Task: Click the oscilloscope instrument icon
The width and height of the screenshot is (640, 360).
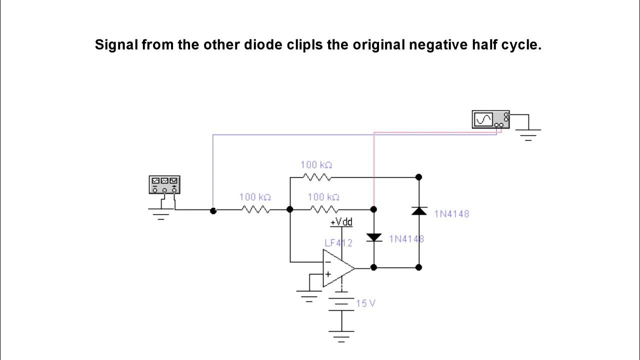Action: (490, 120)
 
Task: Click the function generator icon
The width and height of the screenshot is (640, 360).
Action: (164, 184)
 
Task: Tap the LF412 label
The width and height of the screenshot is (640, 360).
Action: (338, 243)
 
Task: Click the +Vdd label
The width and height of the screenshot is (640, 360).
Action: (341, 221)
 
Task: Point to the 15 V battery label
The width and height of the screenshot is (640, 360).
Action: (365, 303)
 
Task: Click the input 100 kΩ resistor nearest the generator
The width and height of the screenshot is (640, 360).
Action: (255, 209)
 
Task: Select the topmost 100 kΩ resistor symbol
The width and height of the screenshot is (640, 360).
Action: (316, 177)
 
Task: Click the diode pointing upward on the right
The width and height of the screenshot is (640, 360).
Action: (419, 211)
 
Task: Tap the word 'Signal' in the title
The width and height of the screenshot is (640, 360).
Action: (116, 45)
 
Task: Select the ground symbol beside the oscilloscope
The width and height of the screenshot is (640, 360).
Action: (528, 134)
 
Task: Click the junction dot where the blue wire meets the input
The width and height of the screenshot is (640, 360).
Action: (213, 210)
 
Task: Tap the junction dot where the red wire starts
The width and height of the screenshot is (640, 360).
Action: (374, 209)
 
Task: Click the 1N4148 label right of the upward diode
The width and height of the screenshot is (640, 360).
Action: (451, 214)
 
